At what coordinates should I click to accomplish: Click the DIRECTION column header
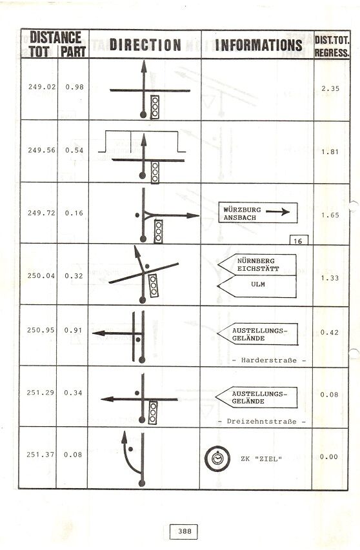click(145, 45)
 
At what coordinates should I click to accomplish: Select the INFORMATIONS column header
click(259, 45)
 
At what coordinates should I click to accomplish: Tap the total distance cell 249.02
click(42, 87)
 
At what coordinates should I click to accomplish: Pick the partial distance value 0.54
click(74, 150)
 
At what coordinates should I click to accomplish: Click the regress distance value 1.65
click(330, 215)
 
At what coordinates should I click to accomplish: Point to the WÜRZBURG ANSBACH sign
click(258, 213)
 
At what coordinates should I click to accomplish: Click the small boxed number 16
click(299, 241)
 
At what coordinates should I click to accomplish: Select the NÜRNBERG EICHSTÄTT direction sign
click(257, 264)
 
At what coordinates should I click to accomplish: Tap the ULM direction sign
click(257, 286)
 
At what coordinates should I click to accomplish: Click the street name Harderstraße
click(269, 360)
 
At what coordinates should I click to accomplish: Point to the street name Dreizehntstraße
click(262, 421)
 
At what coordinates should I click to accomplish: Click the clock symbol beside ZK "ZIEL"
click(217, 459)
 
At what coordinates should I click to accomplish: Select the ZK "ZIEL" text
click(261, 458)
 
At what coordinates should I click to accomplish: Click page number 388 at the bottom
click(184, 531)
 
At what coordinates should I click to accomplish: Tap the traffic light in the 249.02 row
click(155, 107)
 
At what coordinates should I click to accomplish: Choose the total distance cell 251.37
click(41, 455)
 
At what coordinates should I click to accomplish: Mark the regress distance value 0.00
click(329, 457)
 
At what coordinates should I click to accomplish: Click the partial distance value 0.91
click(74, 330)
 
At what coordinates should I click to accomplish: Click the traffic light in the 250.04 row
click(154, 286)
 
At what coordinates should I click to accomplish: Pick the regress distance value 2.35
click(330, 88)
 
